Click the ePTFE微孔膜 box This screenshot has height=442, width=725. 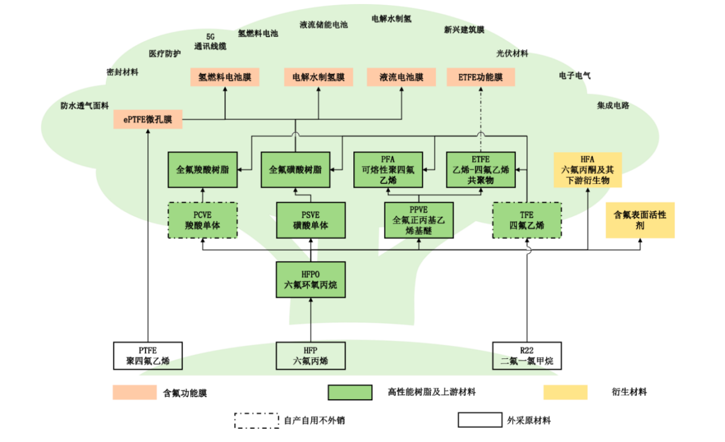click(x=148, y=120)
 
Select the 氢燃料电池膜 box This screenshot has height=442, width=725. click(x=224, y=77)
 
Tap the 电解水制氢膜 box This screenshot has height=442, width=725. click(x=318, y=77)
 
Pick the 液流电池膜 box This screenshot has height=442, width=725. click(x=401, y=77)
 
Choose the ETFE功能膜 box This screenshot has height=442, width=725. click(x=480, y=77)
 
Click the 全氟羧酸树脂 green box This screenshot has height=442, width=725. click(x=202, y=169)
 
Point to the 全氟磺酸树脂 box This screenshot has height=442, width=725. click(x=295, y=169)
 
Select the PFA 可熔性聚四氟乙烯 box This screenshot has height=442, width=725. click(x=388, y=169)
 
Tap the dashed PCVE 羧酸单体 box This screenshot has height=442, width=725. click(x=202, y=220)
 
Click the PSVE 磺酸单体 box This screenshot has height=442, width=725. click(x=310, y=220)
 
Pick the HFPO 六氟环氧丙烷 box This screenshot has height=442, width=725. click(x=310, y=280)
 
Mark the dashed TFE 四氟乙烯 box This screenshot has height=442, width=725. click(x=527, y=220)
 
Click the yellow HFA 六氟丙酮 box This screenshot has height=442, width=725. click(x=588, y=169)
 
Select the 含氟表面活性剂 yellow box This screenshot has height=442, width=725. click(x=640, y=220)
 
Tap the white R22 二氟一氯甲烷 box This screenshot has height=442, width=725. click(x=527, y=356)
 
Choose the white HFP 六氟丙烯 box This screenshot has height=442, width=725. click(x=310, y=356)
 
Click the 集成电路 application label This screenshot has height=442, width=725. click(x=613, y=105)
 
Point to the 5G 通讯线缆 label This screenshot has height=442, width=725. click(x=210, y=42)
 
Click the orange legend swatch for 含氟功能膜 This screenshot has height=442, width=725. click(x=135, y=392)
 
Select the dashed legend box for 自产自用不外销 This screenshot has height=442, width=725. click(x=257, y=420)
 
